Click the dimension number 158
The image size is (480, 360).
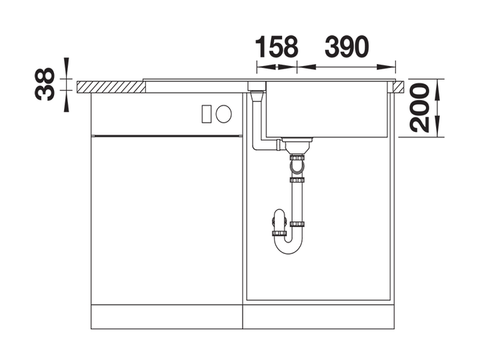(x=277, y=47)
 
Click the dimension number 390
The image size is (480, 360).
(x=347, y=47)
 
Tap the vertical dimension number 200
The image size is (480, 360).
(x=419, y=108)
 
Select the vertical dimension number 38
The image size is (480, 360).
(x=45, y=85)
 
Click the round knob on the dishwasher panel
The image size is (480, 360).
(x=223, y=114)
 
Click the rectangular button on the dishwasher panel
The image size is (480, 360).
(x=206, y=114)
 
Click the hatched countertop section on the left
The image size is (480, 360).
(x=111, y=87)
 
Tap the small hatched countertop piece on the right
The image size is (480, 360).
(x=398, y=87)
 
